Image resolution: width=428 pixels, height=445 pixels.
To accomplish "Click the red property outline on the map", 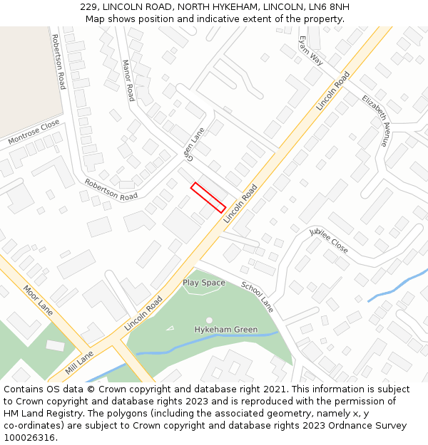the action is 208,197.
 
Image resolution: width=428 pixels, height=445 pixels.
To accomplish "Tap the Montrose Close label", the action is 34,132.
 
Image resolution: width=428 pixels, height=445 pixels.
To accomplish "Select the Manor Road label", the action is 128,80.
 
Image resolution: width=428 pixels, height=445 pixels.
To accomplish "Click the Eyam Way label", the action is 311,51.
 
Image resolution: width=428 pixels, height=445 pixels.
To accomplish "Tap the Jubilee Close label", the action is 329,241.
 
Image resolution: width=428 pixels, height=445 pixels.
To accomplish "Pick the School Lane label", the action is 257,296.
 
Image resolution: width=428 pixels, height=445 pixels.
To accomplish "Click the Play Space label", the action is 203,283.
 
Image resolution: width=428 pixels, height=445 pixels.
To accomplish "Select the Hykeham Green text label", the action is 225,330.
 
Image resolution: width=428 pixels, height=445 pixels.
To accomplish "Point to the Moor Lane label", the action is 38,300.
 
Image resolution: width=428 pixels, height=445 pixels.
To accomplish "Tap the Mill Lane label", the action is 79,362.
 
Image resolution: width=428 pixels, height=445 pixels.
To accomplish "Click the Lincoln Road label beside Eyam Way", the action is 333,90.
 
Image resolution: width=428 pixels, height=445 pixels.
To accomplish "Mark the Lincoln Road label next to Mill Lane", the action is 143,314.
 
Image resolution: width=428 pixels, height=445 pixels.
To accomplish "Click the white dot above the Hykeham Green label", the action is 209,320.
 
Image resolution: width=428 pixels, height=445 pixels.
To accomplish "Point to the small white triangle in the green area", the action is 170,328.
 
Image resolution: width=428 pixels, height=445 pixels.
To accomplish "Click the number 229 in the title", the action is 89,6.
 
